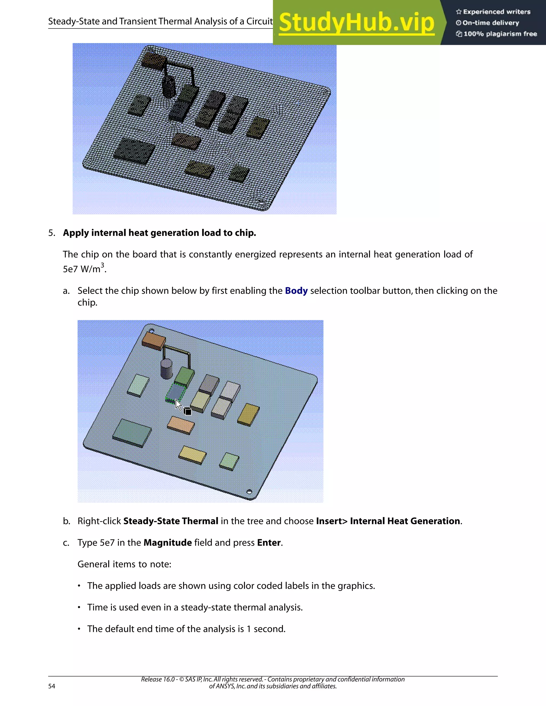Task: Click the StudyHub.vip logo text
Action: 356,23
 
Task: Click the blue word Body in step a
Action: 296,291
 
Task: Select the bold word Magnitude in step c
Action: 167,542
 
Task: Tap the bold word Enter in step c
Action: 269,542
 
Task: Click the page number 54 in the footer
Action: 52,686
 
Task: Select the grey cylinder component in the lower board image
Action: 167,368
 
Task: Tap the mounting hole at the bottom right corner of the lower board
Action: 249,492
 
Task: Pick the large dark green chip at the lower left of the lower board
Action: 132,432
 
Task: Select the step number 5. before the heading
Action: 52,233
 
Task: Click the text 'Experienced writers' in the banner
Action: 496,12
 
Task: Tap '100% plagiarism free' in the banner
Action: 500,34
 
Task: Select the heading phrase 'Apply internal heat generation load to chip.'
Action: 159,233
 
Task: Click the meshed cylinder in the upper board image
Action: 168,86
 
